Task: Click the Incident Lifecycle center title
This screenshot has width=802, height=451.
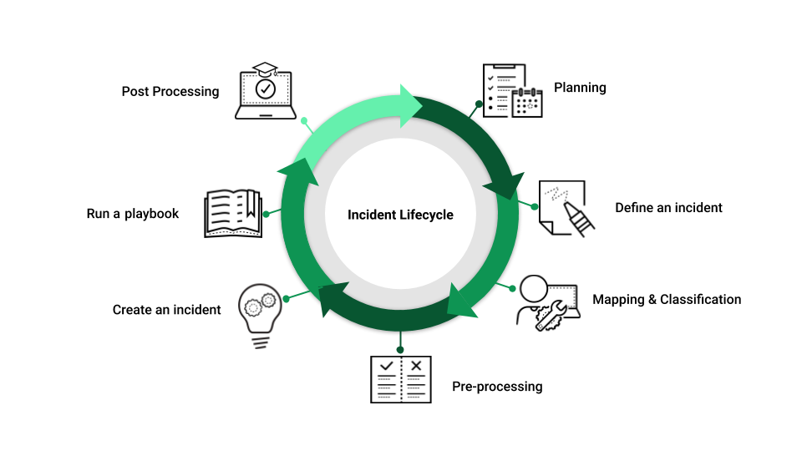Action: (400, 215)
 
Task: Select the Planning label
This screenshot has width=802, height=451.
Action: (580, 88)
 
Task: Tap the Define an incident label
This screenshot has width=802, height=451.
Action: (668, 207)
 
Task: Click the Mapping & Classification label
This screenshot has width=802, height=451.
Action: (667, 299)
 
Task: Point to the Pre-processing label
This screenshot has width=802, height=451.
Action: (497, 386)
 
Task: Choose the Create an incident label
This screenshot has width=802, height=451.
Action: (166, 310)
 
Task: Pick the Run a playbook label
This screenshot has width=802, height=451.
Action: (133, 214)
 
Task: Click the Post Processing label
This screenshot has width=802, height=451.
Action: (170, 91)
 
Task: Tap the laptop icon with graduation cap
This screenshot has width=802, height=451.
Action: (266, 90)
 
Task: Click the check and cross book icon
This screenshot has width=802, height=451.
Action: (401, 379)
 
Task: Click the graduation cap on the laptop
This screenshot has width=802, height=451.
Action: (266, 68)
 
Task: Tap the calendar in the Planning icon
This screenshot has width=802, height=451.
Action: (528, 102)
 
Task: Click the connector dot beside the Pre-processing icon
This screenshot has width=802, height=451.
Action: (400, 349)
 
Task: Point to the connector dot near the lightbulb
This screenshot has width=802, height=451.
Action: (286, 298)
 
